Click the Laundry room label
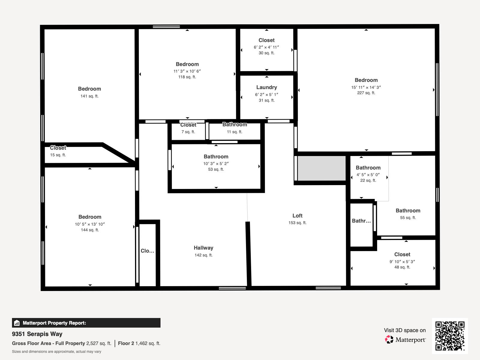(x=266, y=87)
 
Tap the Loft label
(x=297, y=216)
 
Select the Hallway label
(x=203, y=248)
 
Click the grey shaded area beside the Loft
(x=321, y=168)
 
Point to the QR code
(x=450, y=336)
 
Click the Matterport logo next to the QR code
(x=405, y=340)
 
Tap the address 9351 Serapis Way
(x=37, y=334)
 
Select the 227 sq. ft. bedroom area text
(x=366, y=93)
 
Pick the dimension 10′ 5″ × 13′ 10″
(x=90, y=224)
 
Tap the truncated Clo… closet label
(x=147, y=251)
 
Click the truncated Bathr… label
(x=361, y=221)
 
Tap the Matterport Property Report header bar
(x=86, y=323)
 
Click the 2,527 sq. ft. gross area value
(x=99, y=343)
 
